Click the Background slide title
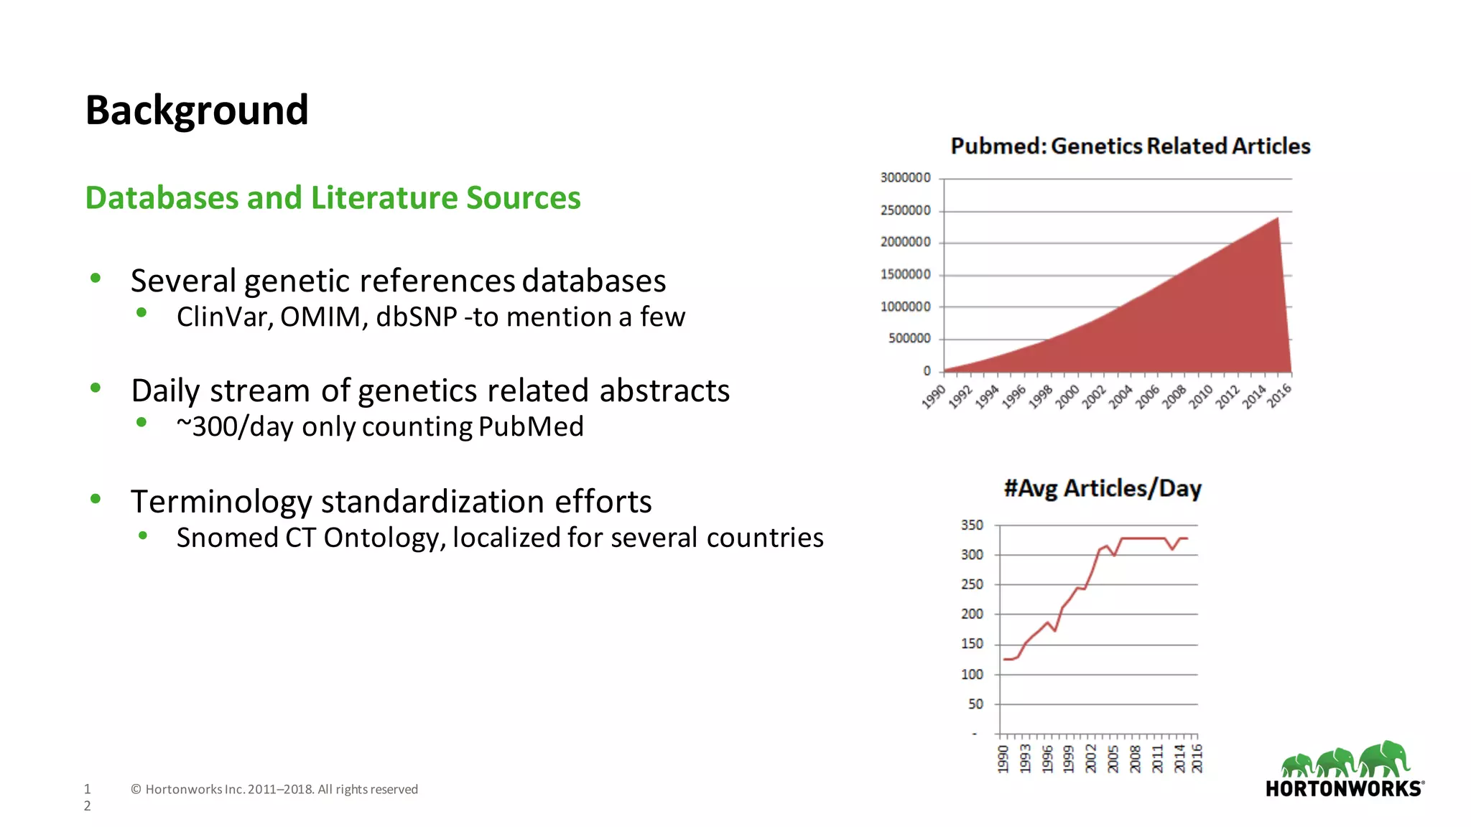click(x=197, y=111)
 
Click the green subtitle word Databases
click(x=162, y=198)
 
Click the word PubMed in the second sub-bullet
click(x=531, y=427)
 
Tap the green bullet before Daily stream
click(x=96, y=388)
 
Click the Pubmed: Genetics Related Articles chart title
click(x=1130, y=146)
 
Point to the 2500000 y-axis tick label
click(x=905, y=210)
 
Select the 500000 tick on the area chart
click(x=909, y=338)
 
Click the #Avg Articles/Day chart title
click(x=1102, y=489)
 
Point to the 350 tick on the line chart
click(x=972, y=525)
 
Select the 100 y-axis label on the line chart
click(x=972, y=675)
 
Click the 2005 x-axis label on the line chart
click(x=1113, y=758)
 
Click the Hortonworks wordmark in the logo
click(x=1343, y=789)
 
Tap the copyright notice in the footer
click(x=274, y=790)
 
